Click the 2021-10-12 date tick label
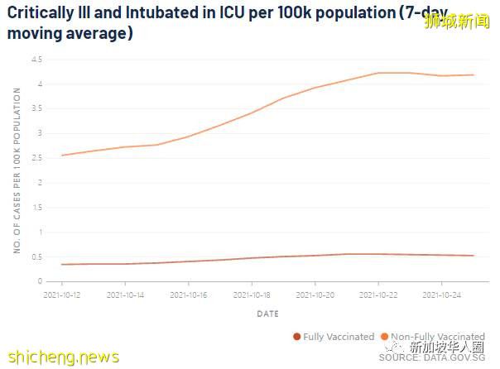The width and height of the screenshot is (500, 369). click(62, 294)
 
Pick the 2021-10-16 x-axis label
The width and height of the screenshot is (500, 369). click(189, 294)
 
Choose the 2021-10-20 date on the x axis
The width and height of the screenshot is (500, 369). click(315, 294)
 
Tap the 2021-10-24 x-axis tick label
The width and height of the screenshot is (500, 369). click(442, 294)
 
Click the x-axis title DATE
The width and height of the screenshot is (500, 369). click(267, 314)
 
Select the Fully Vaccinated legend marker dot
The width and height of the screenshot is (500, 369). click(297, 337)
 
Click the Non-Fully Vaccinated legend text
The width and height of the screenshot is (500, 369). click(439, 337)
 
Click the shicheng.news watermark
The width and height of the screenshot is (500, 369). click(62, 357)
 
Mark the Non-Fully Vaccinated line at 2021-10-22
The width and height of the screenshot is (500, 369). click(379, 73)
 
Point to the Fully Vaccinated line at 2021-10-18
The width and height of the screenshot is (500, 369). click(252, 258)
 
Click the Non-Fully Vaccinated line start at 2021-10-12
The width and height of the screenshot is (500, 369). click(62, 156)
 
